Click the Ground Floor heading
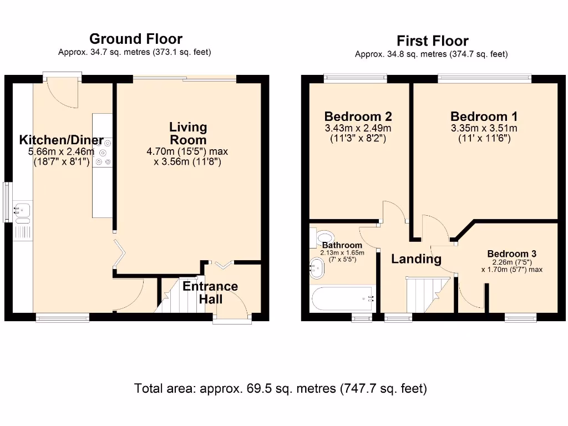pyautogui.click(x=135, y=39)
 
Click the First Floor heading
pyautogui.click(x=432, y=41)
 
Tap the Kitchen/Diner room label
pyautogui.click(x=61, y=140)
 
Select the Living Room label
pyautogui.click(x=188, y=134)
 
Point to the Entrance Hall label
pyautogui.click(x=210, y=292)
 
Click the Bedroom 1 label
pyautogui.click(x=484, y=116)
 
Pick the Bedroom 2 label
pyautogui.click(x=358, y=116)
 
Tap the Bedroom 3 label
pyautogui.click(x=511, y=254)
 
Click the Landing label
pyautogui.click(x=416, y=258)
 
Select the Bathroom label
pyautogui.click(x=342, y=245)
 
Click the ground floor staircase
pyautogui.click(x=170, y=296)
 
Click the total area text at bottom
pyautogui.click(x=281, y=388)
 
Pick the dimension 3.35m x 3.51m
pyautogui.click(x=484, y=129)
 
